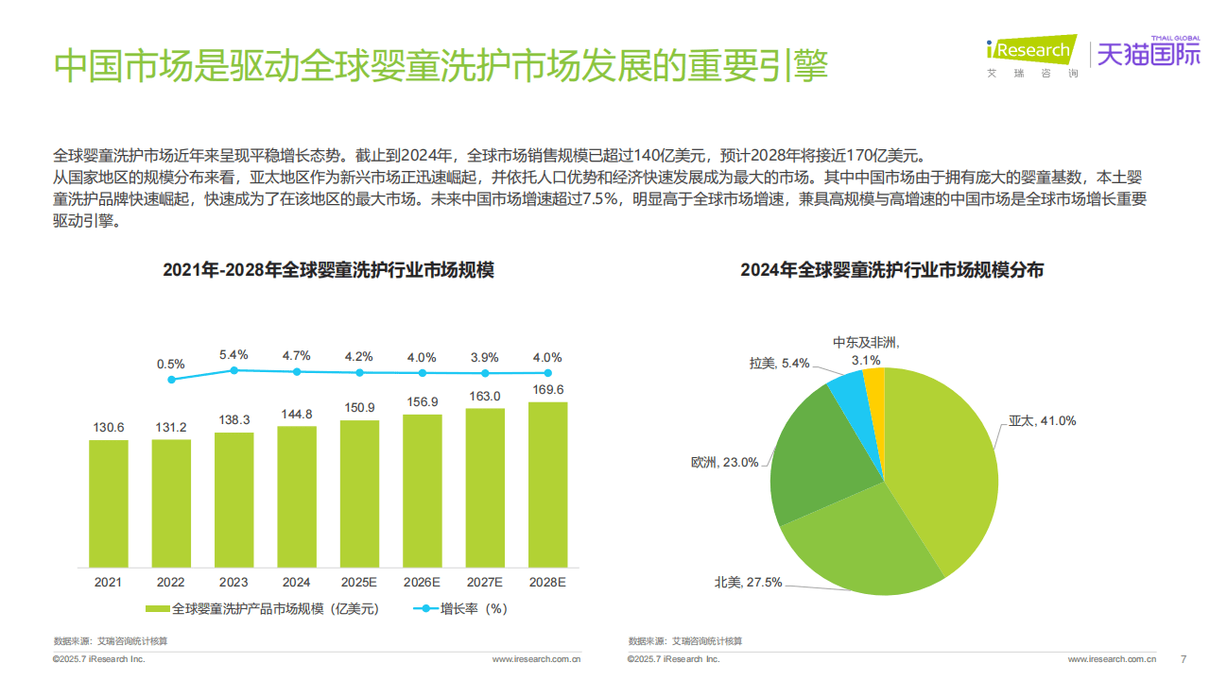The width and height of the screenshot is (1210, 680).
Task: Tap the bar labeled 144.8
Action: point(297,497)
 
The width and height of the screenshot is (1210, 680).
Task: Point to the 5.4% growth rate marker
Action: point(233,370)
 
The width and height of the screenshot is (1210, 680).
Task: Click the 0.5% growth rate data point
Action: point(171,380)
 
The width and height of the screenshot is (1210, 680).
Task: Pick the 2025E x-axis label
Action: point(359,583)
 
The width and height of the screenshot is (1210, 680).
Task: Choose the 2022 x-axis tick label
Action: point(171,583)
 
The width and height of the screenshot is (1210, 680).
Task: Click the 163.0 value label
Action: point(485,397)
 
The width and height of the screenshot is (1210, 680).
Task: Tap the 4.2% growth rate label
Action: point(359,357)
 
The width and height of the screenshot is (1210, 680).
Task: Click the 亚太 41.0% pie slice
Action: point(945,463)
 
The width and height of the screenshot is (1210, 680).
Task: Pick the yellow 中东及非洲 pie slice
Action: point(874,387)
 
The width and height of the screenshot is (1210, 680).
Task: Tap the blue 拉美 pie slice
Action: point(845,393)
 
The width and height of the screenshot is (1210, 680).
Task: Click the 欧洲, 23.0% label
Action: point(724,463)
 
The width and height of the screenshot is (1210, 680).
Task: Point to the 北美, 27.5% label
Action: point(748,583)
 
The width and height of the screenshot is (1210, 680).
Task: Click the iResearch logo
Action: point(1030,52)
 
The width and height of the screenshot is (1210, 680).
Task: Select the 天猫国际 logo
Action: point(1147,54)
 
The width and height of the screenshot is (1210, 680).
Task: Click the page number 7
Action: point(1183,658)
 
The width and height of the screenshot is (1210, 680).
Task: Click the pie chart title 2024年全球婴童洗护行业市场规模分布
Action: point(891,270)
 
